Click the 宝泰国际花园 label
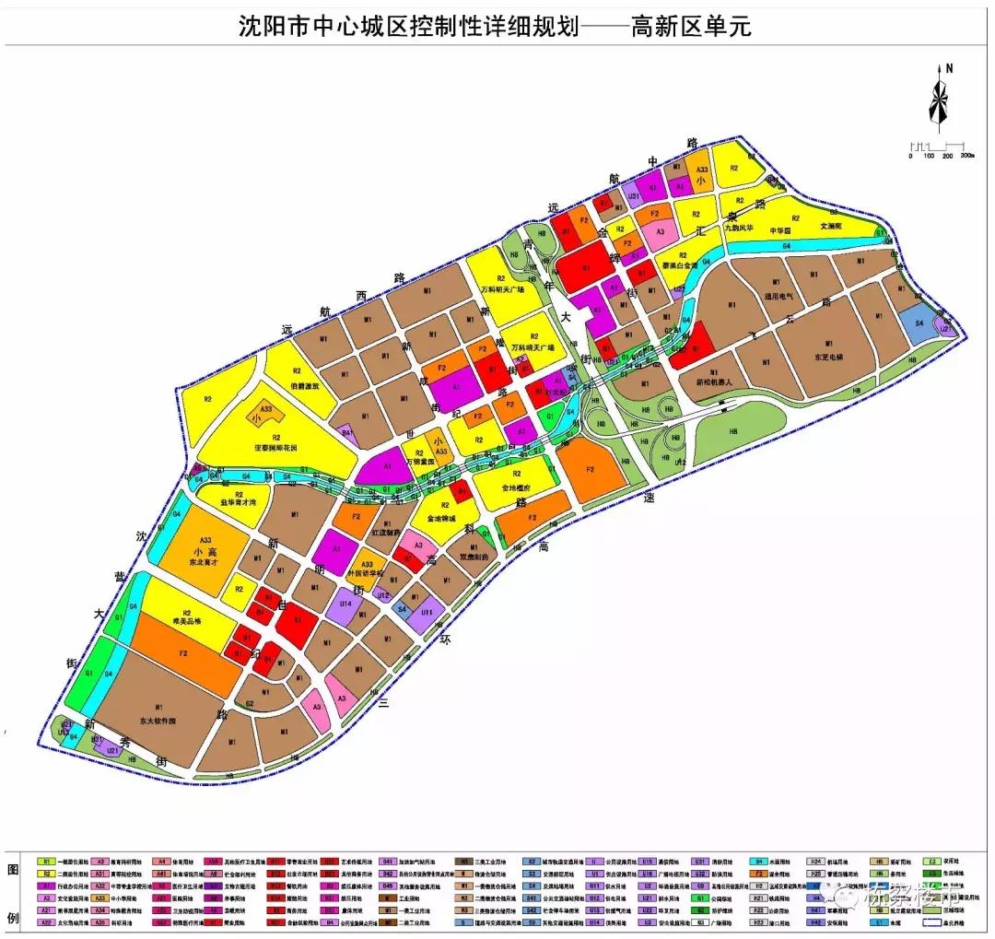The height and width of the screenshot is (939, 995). pyautogui.click(x=279, y=448)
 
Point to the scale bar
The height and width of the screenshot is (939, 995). pyautogui.click(x=936, y=147)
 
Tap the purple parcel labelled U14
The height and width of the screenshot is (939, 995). pyautogui.click(x=346, y=603)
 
